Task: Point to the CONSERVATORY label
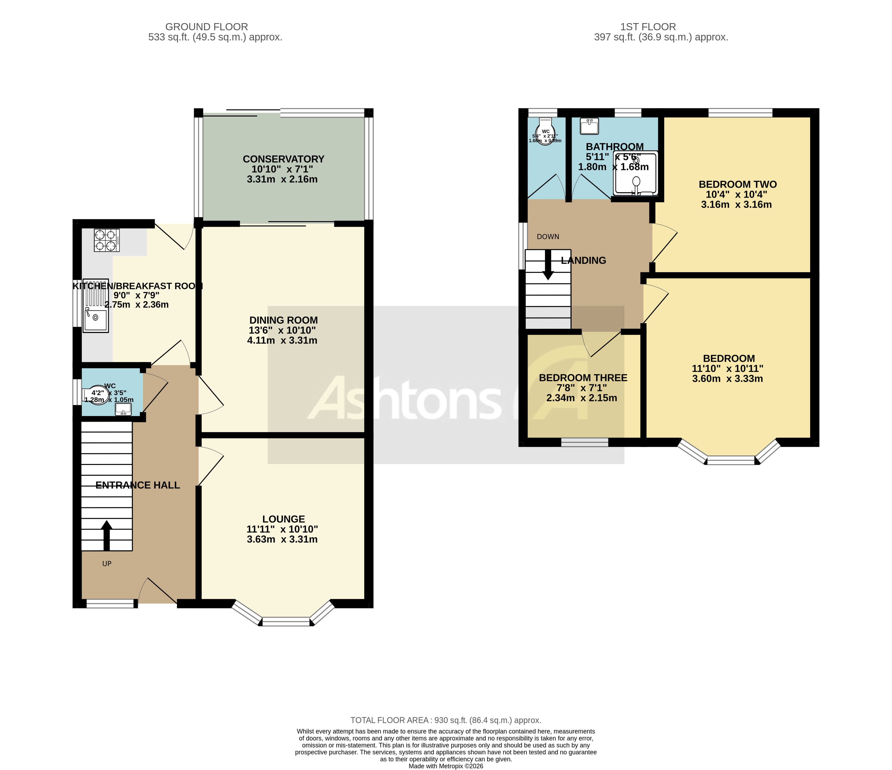[x=283, y=159]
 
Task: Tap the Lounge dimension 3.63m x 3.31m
[x=282, y=539]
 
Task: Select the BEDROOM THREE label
[x=583, y=378]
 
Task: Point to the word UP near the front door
[x=107, y=564]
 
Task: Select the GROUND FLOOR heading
[x=206, y=27]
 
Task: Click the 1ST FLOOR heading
[x=648, y=27]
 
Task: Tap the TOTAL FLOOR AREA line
[x=446, y=720]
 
